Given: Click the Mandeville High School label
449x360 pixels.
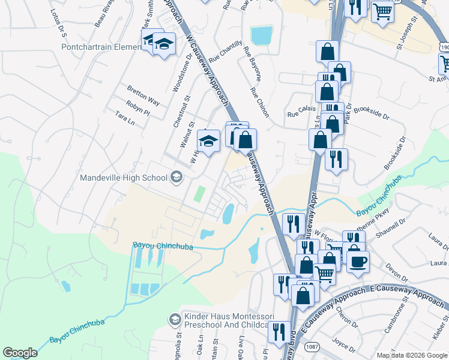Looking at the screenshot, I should pyautogui.click(x=125, y=178).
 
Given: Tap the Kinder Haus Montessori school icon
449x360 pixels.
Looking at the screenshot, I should pyautogui.click(x=175, y=318).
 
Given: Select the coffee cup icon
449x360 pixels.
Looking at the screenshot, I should pyautogui.click(x=358, y=262).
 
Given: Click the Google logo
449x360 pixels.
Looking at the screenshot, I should pyautogui.click(x=20, y=353).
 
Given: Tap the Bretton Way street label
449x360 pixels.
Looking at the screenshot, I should pyautogui.click(x=143, y=94).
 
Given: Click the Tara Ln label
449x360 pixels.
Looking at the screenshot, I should pyautogui.click(x=125, y=118).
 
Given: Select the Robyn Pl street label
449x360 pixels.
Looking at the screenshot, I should pyautogui.click(x=138, y=108).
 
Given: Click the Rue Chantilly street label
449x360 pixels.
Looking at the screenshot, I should pyautogui.click(x=226, y=53).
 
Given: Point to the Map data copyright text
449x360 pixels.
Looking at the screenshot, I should pyautogui.click(x=411, y=355).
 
